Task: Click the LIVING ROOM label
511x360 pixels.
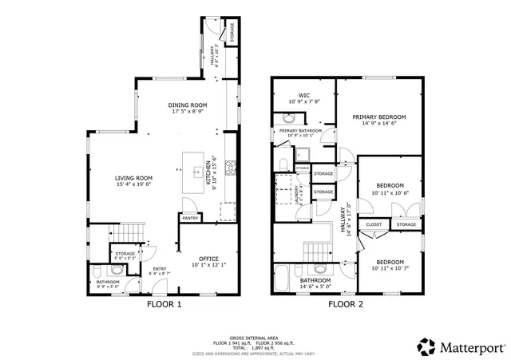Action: pyautogui.click(x=133, y=178)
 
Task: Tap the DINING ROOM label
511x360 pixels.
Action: pyautogui.click(x=188, y=105)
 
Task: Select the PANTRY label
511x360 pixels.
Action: pyautogui.click(x=190, y=218)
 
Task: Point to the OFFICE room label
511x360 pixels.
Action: pyautogui.click(x=208, y=259)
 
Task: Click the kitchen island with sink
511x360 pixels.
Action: pyautogui.click(x=194, y=170)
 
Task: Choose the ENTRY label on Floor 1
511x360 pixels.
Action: pyautogui.click(x=160, y=269)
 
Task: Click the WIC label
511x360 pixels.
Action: pyautogui.click(x=303, y=95)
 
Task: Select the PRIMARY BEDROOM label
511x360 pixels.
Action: pyautogui.click(x=379, y=117)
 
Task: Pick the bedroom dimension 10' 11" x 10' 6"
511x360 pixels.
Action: pyautogui.click(x=390, y=193)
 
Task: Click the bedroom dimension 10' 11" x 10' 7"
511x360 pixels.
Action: pyautogui.click(x=390, y=269)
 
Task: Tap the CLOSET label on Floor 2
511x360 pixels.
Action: pyautogui.click(x=374, y=225)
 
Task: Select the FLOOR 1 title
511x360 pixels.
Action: pyautogui.click(x=164, y=304)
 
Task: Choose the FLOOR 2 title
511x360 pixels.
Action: pyautogui.click(x=346, y=304)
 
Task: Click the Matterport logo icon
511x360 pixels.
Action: pyautogui.click(x=426, y=347)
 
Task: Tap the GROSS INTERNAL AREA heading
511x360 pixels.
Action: pyautogui.click(x=255, y=338)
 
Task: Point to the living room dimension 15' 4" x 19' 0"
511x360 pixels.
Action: pyautogui.click(x=133, y=185)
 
